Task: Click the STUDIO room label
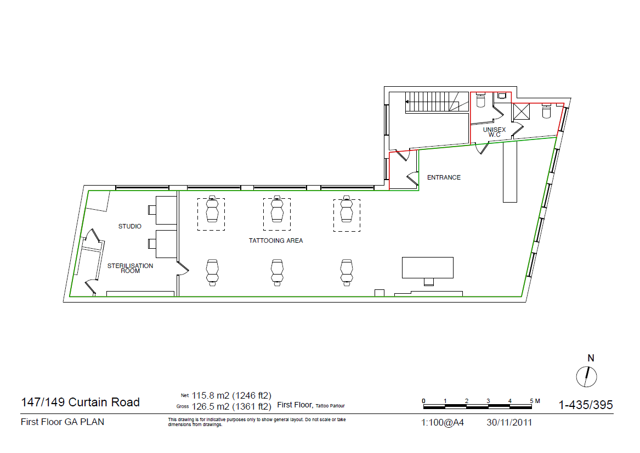(x=130, y=226)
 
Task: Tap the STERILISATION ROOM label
(x=130, y=268)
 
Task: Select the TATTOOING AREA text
(x=276, y=241)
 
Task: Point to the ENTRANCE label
(x=444, y=177)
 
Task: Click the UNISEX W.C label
(x=494, y=132)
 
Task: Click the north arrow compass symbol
(x=587, y=376)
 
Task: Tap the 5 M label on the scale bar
(x=535, y=401)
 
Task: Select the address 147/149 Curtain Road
(x=80, y=402)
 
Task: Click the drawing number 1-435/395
(x=585, y=406)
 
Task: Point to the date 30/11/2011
(x=509, y=423)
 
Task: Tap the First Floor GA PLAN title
(x=63, y=422)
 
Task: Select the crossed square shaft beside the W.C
(x=522, y=111)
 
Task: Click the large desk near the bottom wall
(x=428, y=267)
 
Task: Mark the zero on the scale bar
(x=423, y=401)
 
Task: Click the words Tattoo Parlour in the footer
(x=330, y=406)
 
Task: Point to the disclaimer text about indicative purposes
(x=256, y=422)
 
